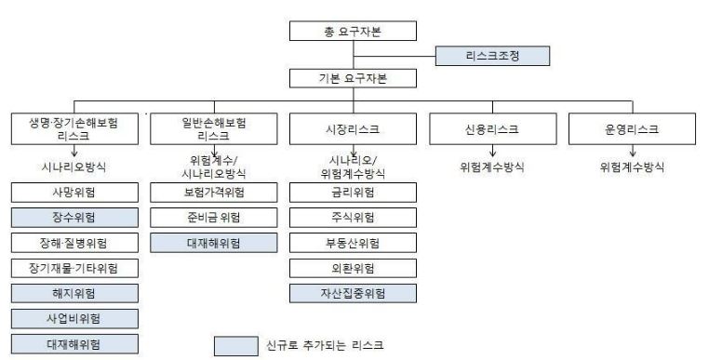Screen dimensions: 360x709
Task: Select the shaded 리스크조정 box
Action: [492, 57]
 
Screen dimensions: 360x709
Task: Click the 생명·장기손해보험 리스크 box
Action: [75, 129]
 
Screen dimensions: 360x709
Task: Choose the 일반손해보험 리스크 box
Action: [215, 129]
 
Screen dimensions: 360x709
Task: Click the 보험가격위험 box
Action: [215, 193]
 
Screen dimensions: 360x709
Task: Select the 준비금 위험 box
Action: [215, 219]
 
